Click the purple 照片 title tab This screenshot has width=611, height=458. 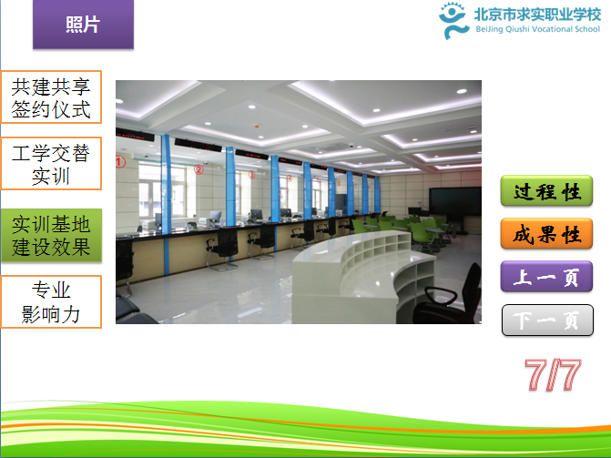(83, 25)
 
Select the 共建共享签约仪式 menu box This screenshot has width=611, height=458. (51, 97)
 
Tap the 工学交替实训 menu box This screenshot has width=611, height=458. (51, 164)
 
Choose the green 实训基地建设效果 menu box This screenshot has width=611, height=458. (51, 236)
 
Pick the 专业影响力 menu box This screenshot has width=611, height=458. (51, 301)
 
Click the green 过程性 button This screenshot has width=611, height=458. (546, 191)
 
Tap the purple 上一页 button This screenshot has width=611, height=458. (546, 277)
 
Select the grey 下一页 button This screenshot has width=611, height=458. (547, 320)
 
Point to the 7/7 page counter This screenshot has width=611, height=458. (553, 374)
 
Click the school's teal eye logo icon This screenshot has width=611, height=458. (453, 20)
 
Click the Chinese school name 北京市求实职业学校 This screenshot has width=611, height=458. (538, 15)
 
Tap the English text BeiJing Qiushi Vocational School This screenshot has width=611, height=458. (538, 29)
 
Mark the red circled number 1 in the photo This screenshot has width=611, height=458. (120, 161)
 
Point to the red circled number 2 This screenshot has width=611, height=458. (199, 169)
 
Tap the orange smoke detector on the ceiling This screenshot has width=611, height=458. (257, 127)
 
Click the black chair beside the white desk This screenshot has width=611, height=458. (448, 296)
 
